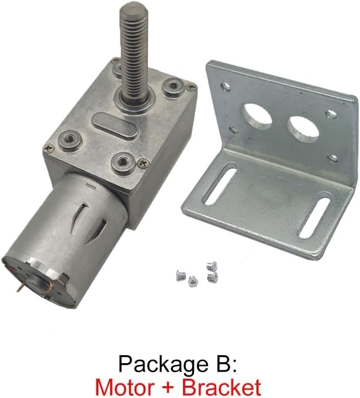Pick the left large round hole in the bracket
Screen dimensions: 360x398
256,116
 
